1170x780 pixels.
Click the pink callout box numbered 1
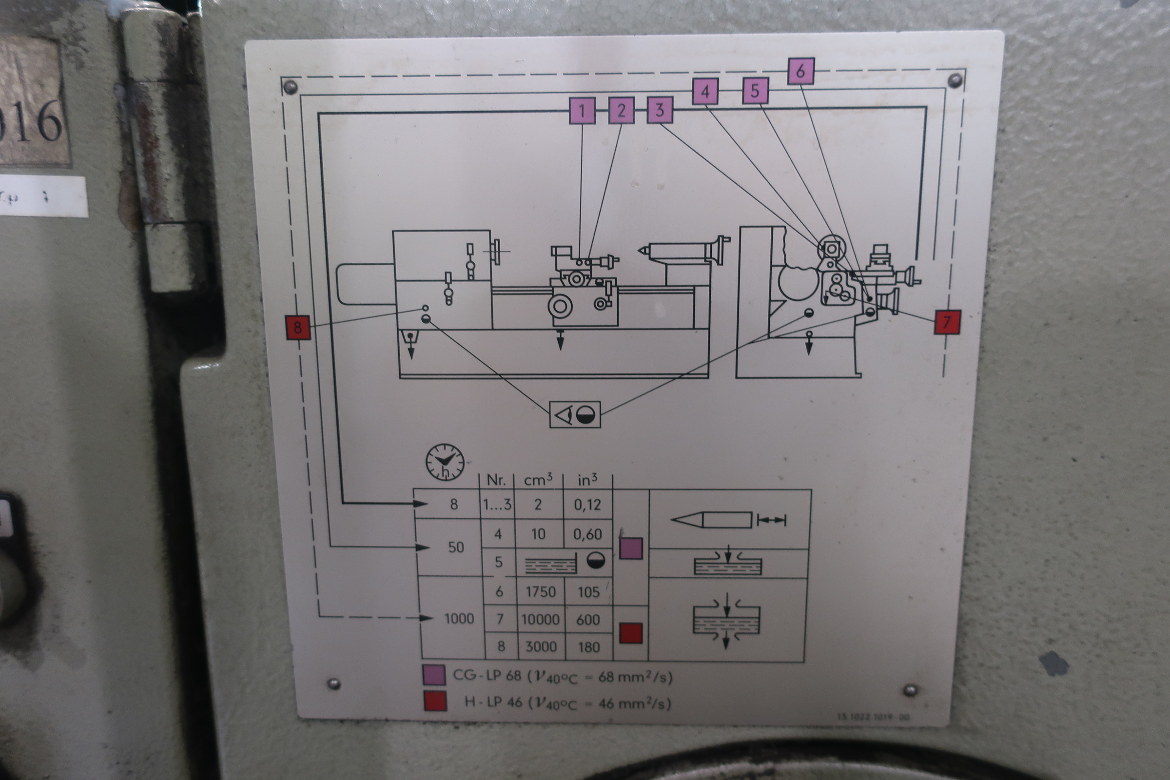click(x=582, y=111)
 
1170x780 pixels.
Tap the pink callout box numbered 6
click(x=800, y=71)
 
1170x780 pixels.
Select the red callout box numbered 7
click(x=947, y=322)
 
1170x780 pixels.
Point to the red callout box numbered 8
click(x=298, y=327)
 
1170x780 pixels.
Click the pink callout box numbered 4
click(x=705, y=92)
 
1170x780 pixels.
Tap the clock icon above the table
click(x=445, y=462)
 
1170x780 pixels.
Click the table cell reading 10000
click(x=540, y=619)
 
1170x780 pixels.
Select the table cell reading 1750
click(x=541, y=591)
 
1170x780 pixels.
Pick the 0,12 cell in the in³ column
click(x=587, y=505)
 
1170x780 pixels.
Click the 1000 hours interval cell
click(x=459, y=618)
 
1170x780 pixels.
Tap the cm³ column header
click(x=538, y=480)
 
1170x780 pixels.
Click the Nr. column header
click(x=496, y=480)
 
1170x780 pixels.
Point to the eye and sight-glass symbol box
click(x=575, y=414)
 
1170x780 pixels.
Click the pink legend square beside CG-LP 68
click(x=433, y=676)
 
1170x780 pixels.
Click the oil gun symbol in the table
click(x=728, y=520)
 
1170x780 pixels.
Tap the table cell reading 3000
click(x=541, y=646)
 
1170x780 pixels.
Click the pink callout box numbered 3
click(x=660, y=110)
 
